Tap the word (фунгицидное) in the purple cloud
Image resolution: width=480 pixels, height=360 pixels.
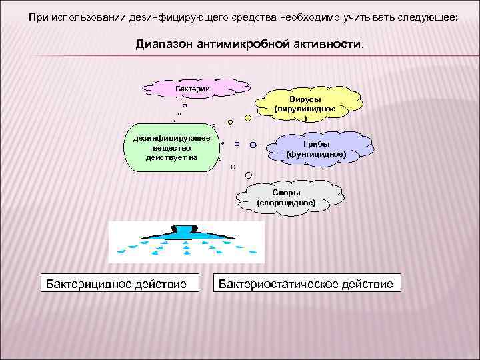(x=316, y=154)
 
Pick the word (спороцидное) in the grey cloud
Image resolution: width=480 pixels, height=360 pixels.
(x=287, y=202)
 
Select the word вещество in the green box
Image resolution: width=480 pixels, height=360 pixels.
(x=172, y=148)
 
